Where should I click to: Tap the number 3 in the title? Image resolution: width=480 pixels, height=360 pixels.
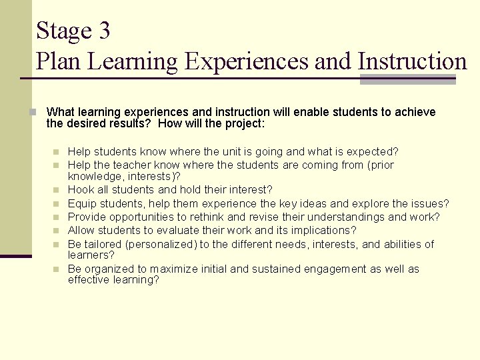pos(103,31)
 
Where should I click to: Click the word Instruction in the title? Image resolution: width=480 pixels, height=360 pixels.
pos(413,61)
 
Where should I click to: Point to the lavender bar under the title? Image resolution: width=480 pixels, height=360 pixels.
pos(407,80)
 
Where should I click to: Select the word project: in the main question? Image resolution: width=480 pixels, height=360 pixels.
pos(244,124)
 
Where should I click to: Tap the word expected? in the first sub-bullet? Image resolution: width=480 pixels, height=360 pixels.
pos(373,152)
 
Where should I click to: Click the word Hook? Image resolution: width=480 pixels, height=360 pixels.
pos(81,190)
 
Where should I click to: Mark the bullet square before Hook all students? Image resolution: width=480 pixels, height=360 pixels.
pos(58,191)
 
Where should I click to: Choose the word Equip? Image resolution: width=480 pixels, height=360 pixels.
pos(82,203)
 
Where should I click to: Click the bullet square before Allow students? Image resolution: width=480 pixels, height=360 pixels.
pos(58,231)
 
